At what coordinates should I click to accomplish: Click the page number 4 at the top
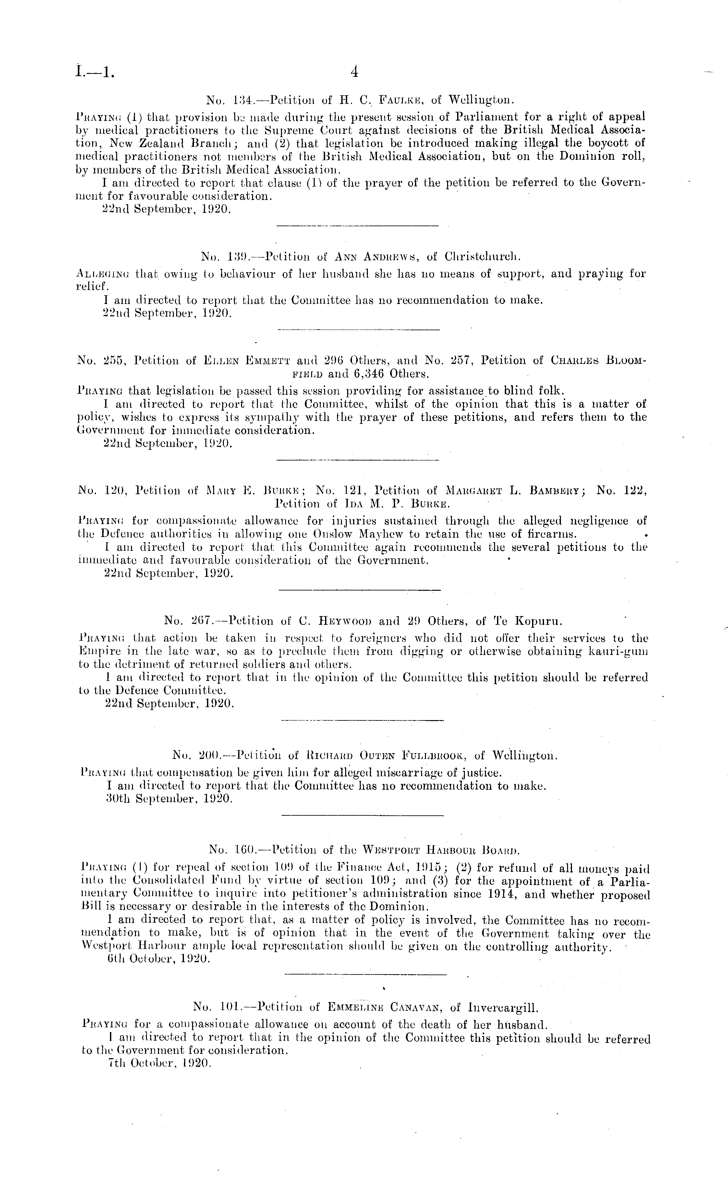(x=355, y=73)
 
